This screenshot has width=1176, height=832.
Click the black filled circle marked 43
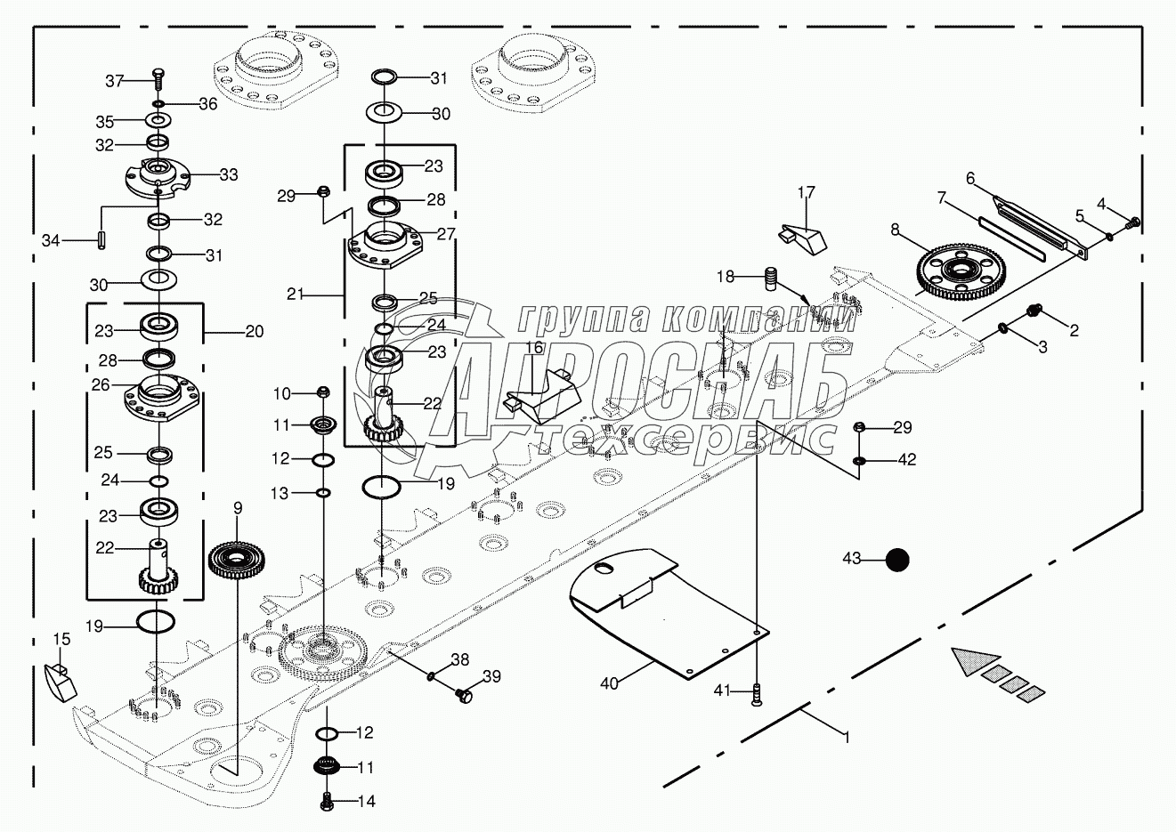897,560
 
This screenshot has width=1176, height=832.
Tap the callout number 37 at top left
115,81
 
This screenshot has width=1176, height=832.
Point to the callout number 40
609,683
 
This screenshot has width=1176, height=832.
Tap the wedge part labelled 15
60,681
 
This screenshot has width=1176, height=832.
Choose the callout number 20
255,332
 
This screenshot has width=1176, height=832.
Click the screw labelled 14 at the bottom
327,801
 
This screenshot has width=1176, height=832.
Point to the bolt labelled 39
462,693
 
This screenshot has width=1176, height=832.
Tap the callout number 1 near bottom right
847,737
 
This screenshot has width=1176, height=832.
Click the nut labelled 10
324,392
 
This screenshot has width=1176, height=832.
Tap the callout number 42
906,460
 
